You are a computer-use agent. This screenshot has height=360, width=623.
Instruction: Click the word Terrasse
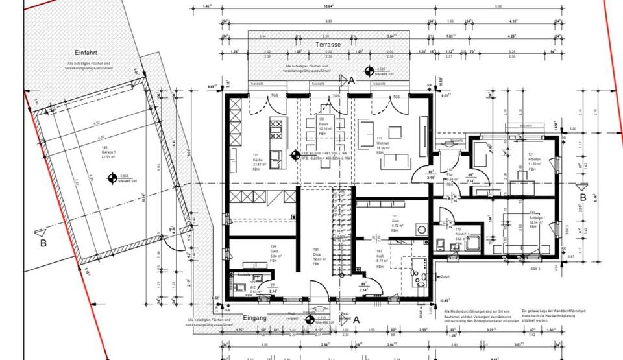pos(329,45)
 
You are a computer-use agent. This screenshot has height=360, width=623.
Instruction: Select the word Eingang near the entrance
pos(254,318)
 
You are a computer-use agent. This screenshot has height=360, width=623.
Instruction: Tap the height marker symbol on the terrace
pos(369,71)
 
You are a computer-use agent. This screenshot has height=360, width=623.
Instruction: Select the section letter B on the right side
pos(583,197)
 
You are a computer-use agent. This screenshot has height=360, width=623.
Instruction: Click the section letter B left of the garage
pos(43,243)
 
